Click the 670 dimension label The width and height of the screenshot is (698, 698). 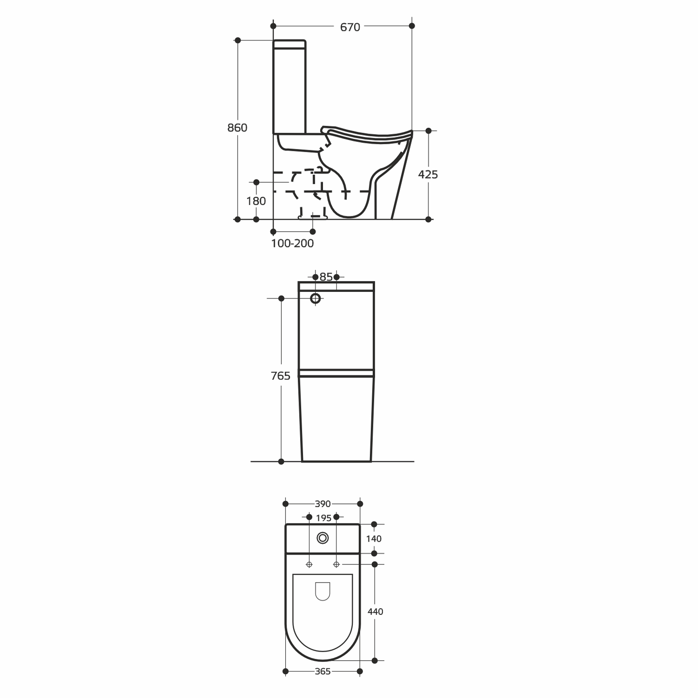(x=350, y=27)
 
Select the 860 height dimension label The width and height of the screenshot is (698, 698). (x=237, y=128)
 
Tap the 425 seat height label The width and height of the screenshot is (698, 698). (x=428, y=174)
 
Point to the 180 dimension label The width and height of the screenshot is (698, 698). (x=256, y=201)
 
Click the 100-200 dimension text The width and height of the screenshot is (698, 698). (x=293, y=243)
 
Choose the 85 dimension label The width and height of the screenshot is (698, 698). (x=326, y=277)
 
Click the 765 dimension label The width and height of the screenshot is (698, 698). (x=281, y=376)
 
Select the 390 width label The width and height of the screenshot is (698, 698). (x=322, y=504)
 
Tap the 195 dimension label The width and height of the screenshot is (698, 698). (x=323, y=518)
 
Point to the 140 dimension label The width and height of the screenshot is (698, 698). (x=374, y=539)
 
